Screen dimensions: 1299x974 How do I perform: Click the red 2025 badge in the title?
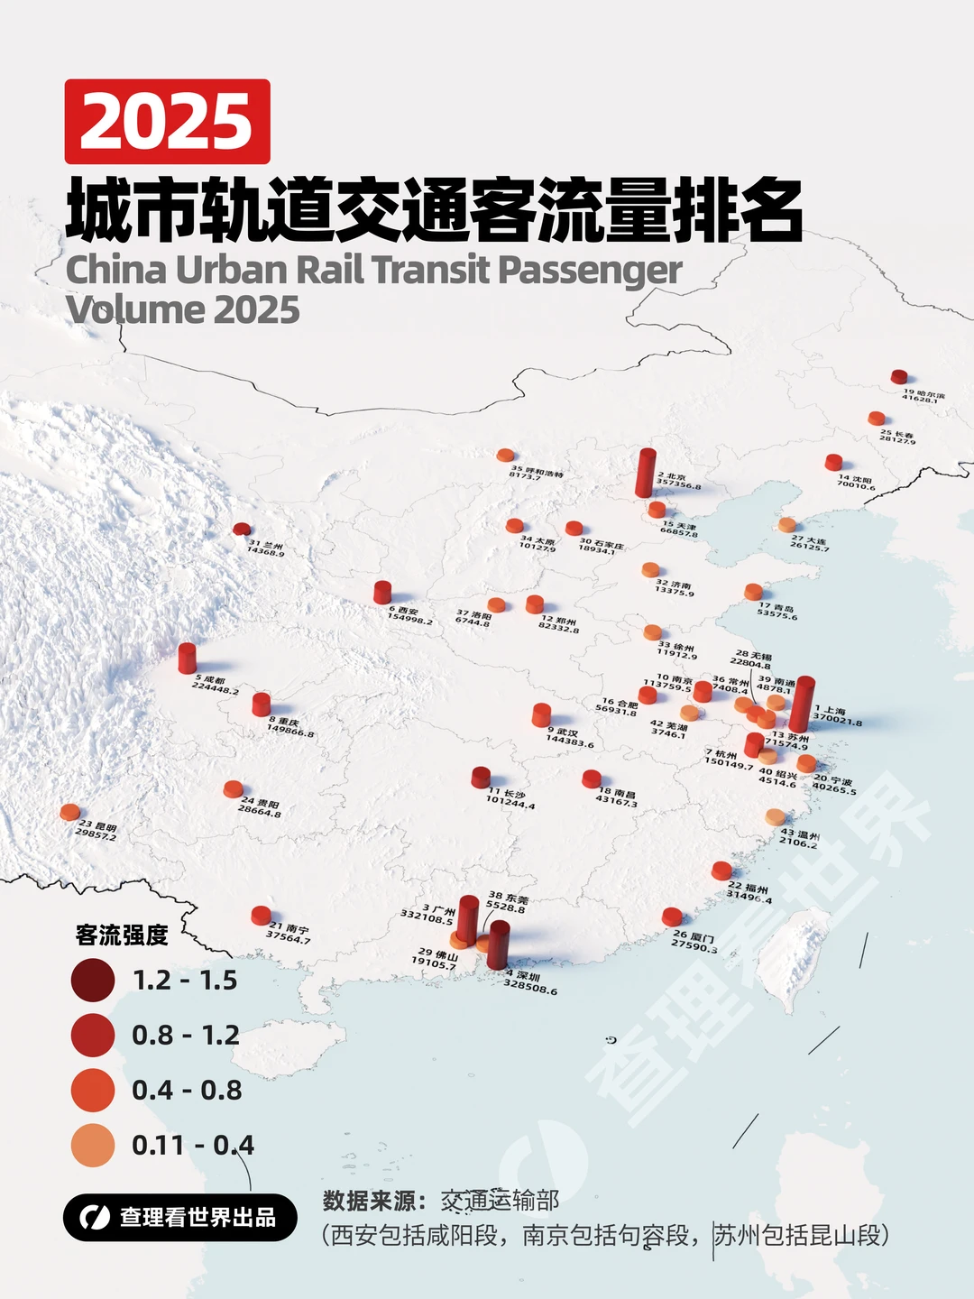point(167,121)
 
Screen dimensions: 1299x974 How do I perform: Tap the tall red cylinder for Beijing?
point(645,474)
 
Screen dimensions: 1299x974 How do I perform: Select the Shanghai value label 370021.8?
point(838,722)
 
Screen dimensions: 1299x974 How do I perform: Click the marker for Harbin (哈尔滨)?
point(898,377)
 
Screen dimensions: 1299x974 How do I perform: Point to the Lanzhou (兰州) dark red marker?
point(241,530)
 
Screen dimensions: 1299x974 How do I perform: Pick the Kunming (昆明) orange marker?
point(69,812)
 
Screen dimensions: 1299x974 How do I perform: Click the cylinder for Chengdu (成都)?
point(187,659)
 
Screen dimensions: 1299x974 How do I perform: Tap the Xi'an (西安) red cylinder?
point(382,592)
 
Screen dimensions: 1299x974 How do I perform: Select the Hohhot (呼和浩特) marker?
point(505,456)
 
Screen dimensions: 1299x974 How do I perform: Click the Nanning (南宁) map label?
point(289,933)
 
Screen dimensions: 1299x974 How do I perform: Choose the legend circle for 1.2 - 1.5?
point(93,981)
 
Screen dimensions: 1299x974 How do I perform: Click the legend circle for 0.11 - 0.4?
point(93,1146)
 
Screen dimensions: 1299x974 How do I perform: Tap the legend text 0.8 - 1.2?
point(186,1036)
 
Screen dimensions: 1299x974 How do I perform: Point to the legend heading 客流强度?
point(122,935)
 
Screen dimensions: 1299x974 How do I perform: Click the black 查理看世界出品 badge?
point(180,1218)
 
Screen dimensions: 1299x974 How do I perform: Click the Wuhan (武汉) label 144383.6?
point(570,743)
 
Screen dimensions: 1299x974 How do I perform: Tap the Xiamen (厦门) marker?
point(672,917)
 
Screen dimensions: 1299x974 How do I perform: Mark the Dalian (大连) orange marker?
point(787,524)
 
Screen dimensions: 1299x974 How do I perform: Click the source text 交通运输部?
point(500,1201)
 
